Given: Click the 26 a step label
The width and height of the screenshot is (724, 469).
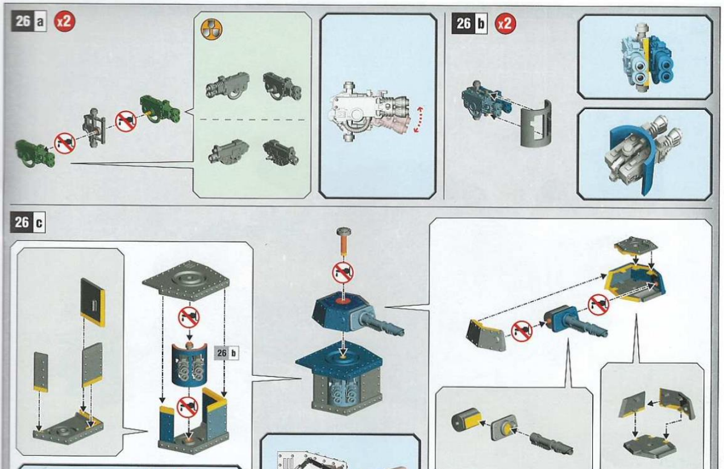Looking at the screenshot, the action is [x=29, y=22].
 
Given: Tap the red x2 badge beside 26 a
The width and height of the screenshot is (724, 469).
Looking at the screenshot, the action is [x=64, y=22].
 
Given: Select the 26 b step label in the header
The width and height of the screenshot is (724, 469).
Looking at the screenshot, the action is [x=469, y=24].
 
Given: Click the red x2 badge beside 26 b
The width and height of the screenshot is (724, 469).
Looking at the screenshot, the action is [x=506, y=24].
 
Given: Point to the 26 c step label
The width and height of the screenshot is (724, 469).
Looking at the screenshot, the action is [x=28, y=222].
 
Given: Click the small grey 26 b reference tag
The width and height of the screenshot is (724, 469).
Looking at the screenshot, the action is [x=227, y=353].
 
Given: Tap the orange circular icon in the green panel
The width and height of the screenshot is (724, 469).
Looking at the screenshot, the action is [x=211, y=30].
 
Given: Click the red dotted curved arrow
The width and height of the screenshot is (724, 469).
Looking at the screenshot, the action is [x=419, y=119].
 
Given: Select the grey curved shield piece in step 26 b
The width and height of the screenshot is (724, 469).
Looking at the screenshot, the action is [x=535, y=124].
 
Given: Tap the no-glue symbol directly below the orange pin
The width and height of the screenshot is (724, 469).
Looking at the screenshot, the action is [x=343, y=272].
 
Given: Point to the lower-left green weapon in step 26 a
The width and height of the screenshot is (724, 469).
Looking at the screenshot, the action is [x=35, y=153].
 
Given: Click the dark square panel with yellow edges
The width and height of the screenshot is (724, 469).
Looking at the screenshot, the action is [x=93, y=302].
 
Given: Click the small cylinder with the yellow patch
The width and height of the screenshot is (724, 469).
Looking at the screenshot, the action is [x=467, y=419].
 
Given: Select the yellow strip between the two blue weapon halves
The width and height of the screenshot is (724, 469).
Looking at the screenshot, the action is [x=647, y=61].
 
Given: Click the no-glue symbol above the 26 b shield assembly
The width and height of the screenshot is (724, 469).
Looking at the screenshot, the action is [x=189, y=317].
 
